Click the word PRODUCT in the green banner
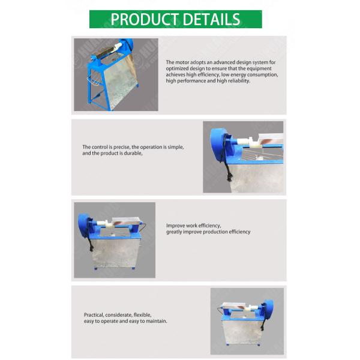point(145,19)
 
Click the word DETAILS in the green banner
point(211,19)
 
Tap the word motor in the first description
point(182,62)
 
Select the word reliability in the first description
point(239,81)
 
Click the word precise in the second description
point(122,147)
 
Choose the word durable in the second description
point(133,153)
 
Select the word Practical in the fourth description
point(94,315)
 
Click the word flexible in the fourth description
point(142,315)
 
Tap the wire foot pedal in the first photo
point(94,80)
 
